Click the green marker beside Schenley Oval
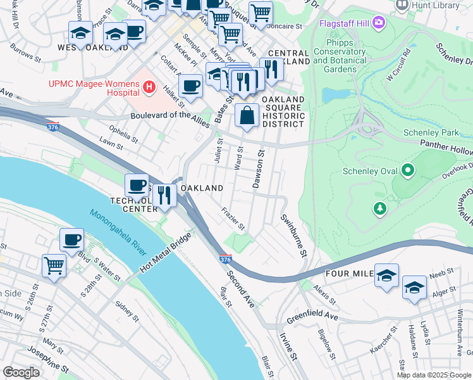[x=408, y=170]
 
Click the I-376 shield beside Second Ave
[x=225, y=259]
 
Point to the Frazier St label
[x=233, y=218]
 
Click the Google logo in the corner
[x=21, y=372]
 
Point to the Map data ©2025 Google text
[x=433, y=375]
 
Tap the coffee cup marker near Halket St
[x=190, y=85]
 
